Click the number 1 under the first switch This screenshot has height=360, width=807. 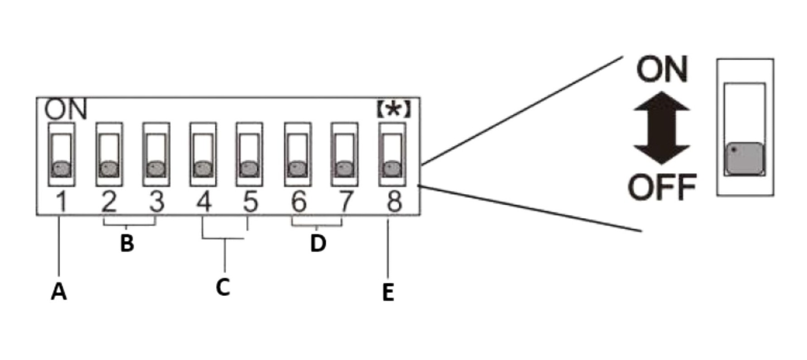point(62,202)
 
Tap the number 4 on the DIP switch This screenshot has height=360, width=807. point(204,202)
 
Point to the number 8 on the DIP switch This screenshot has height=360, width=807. point(394,202)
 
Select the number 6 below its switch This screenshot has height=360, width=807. point(298,202)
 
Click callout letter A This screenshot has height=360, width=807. point(59,292)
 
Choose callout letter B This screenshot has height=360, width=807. point(127,243)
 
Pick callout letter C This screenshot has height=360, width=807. point(223,287)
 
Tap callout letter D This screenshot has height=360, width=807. point(318,243)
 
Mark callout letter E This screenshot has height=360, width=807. point(388,292)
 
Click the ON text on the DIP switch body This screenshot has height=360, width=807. point(66,110)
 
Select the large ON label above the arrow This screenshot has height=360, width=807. point(662,69)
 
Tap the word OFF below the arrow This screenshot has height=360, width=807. point(662,187)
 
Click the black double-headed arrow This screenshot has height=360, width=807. point(662,128)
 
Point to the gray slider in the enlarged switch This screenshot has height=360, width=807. point(744,159)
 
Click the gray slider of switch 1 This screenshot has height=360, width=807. point(62,169)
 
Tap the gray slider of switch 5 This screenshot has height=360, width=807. point(249,169)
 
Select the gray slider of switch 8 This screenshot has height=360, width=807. point(392,169)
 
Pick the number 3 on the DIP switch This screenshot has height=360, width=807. point(157,202)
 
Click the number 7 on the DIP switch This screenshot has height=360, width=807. point(346,202)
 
